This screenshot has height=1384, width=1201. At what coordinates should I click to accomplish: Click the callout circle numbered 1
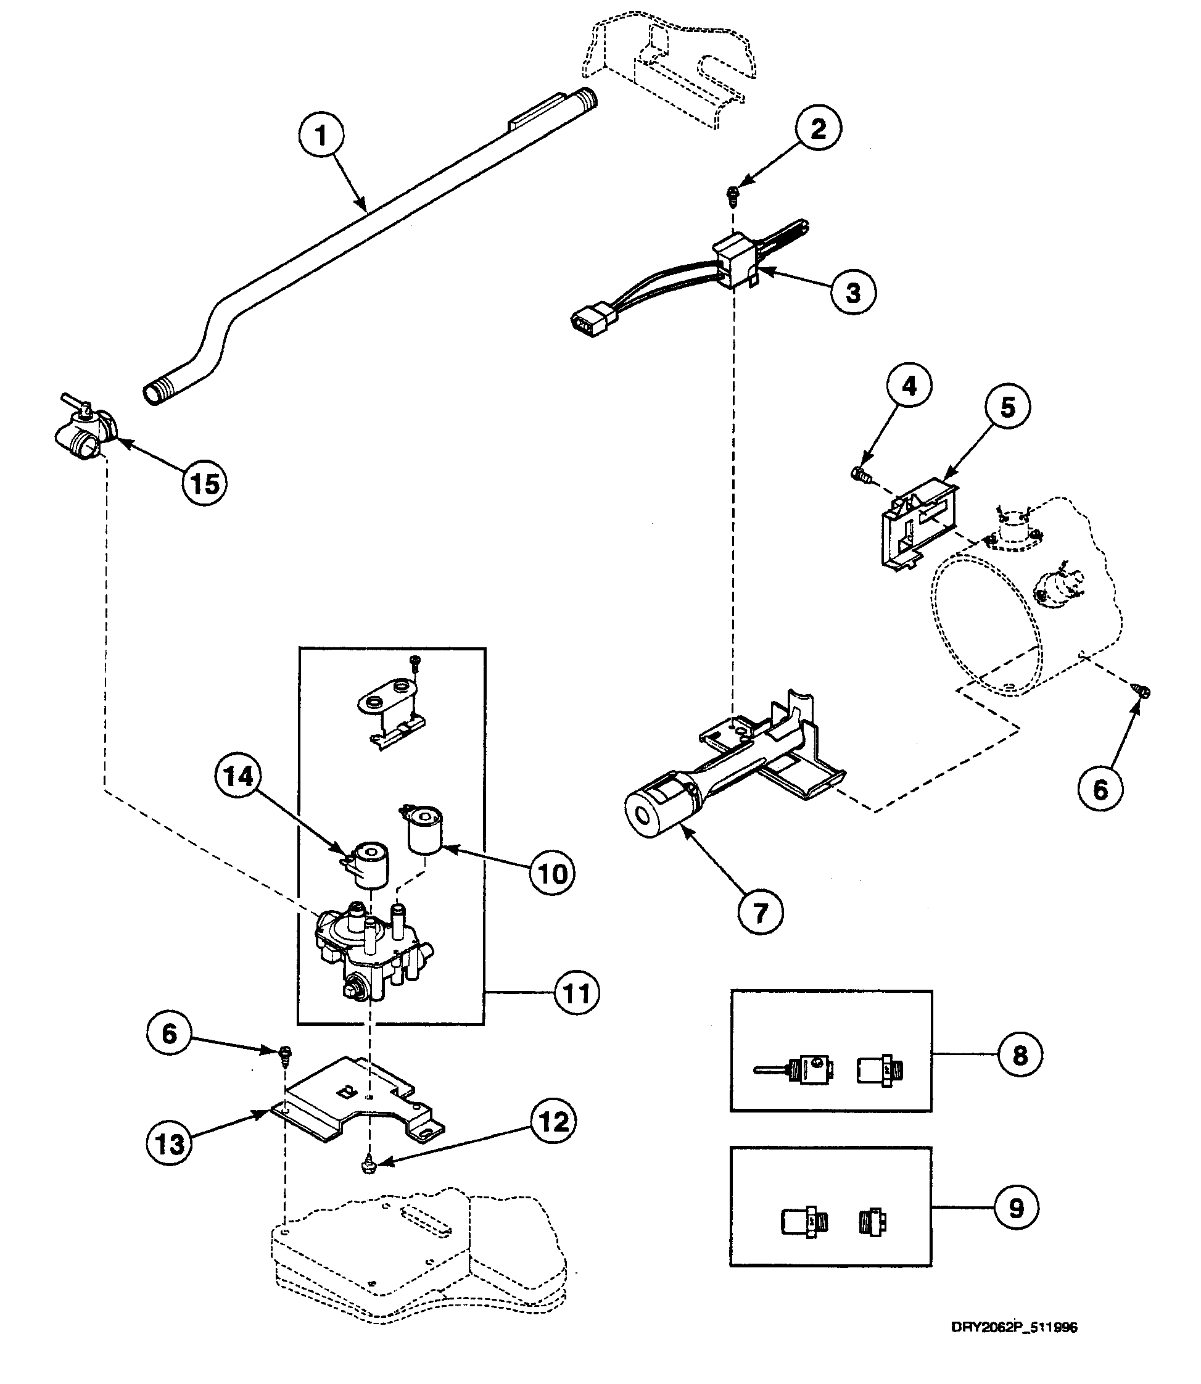click(x=321, y=135)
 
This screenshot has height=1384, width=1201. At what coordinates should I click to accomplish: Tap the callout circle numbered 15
click(x=204, y=483)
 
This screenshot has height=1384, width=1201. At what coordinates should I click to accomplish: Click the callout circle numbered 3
click(x=853, y=292)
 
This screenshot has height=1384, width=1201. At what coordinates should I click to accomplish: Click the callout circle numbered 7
click(x=760, y=912)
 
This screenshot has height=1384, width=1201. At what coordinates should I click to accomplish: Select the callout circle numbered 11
click(x=576, y=993)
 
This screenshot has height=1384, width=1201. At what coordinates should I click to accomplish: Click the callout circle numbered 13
click(x=169, y=1143)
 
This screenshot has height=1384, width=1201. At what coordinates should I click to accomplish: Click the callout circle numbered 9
click(x=1017, y=1208)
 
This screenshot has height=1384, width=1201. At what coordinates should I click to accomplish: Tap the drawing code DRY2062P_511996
click(x=1014, y=1328)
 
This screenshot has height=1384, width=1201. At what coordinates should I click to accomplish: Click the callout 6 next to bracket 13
click(x=169, y=1033)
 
